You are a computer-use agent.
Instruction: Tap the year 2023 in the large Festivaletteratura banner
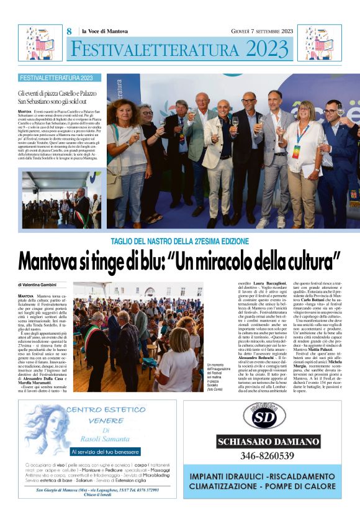tap(268, 48)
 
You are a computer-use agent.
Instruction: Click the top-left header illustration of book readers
tap(40, 43)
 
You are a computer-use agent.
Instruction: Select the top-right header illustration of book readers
tap(320, 43)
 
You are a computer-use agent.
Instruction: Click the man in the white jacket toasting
tap(221, 155)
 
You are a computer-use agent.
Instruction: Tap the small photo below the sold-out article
tap(61, 200)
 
